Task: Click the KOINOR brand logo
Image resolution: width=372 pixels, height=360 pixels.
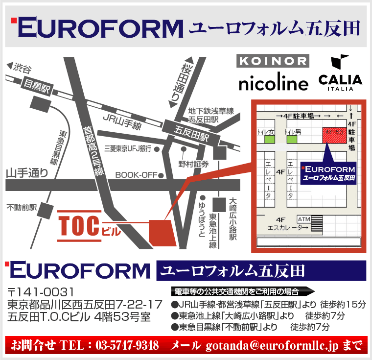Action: (273, 61)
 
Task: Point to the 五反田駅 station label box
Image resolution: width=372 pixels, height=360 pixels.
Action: (192, 131)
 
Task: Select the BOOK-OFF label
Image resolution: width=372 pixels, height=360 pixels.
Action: (136, 175)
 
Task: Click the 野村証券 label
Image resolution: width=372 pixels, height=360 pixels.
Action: (193, 164)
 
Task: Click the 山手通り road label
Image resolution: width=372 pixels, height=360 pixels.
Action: (27, 172)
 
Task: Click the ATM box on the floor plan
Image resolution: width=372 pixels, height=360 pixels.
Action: (303, 218)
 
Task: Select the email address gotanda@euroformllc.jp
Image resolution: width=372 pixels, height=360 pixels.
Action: (272, 345)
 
